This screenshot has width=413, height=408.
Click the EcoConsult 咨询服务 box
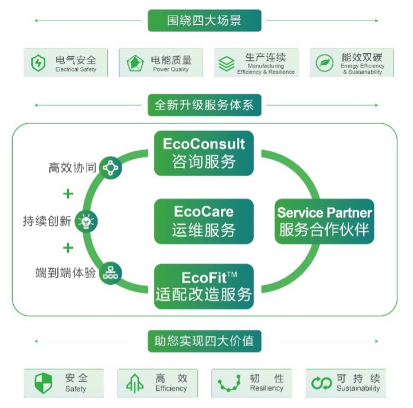204,153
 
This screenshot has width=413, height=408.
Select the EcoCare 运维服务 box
204,221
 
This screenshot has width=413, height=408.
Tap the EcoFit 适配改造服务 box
204,287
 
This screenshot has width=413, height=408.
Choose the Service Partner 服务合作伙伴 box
324,221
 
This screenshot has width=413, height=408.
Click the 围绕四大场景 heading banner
204,21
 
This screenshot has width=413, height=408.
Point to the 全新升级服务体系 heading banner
204,105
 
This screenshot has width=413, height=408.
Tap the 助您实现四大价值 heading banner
204,341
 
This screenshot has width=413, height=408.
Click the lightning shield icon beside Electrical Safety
38,63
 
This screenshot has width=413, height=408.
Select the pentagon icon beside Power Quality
135,63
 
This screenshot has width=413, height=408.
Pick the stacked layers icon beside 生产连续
227,64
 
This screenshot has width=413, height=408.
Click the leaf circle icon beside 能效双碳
325,63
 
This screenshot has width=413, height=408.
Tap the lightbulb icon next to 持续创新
86,221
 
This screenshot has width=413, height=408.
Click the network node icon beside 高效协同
110,167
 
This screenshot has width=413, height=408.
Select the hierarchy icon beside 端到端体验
110,273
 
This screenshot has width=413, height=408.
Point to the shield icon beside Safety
43,383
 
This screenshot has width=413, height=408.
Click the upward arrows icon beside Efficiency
135,383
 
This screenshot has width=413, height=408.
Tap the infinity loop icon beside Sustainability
321,383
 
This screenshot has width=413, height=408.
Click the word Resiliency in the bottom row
267,388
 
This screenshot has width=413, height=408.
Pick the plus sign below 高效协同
68,194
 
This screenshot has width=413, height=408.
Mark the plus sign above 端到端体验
68,248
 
